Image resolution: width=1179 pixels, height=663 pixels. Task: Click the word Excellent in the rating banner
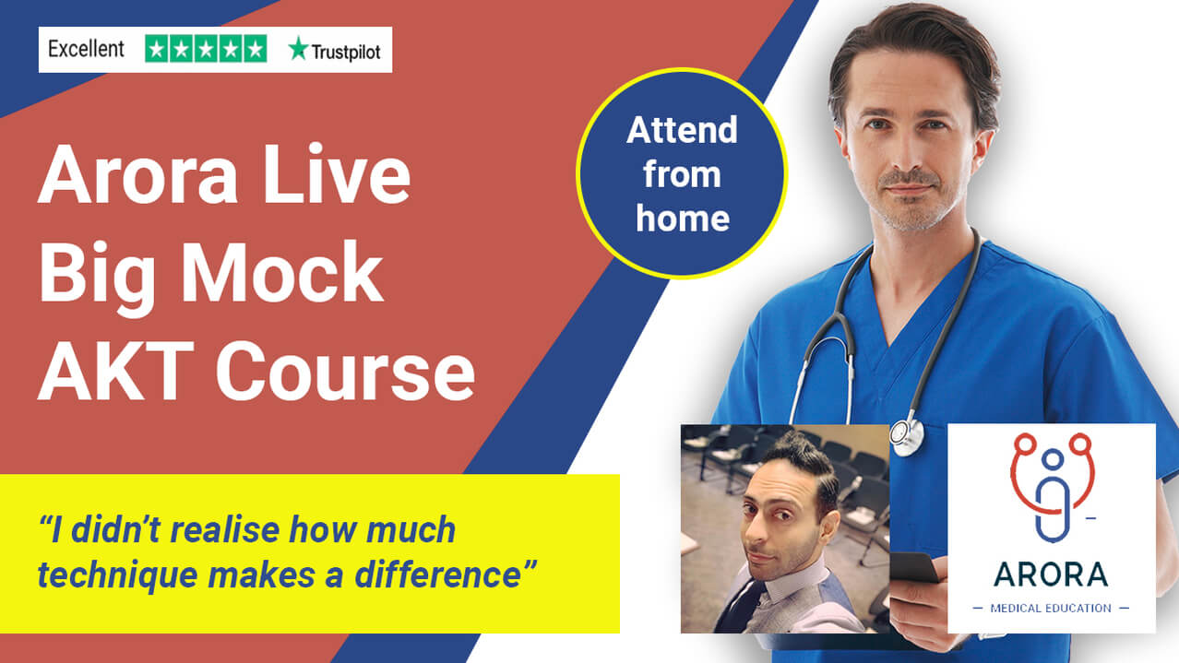point(87,49)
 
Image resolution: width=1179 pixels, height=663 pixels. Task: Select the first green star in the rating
point(156,49)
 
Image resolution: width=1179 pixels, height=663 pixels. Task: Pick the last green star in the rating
point(256,49)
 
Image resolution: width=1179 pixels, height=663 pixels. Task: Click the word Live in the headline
point(337,174)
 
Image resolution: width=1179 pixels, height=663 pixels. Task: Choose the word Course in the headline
point(346,371)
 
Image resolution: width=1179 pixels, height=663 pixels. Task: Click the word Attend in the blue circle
point(682,129)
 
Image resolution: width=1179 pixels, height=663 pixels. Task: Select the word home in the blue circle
point(683,218)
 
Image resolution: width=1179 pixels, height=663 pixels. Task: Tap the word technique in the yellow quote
point(117,575)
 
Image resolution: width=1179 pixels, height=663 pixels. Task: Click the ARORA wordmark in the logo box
point(1051,574)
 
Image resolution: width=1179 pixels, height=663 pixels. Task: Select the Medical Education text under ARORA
point(1051,609)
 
